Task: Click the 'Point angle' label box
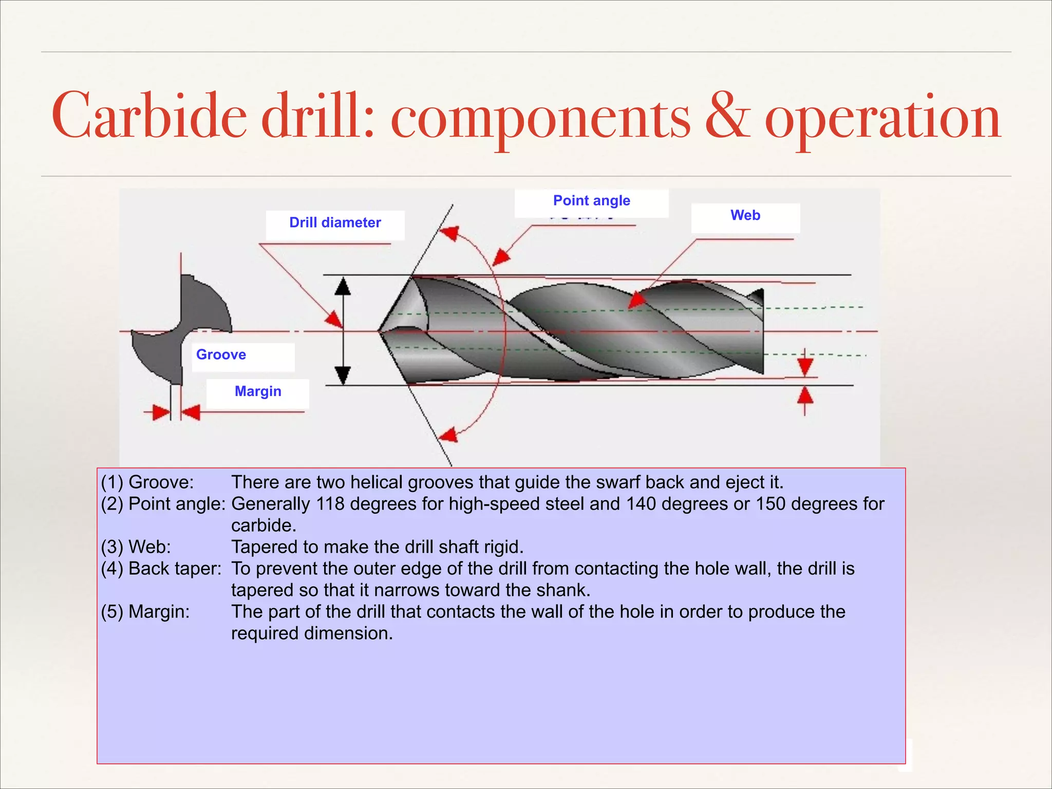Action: (x=591, y=201)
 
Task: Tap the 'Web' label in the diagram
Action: (x=745, y=215)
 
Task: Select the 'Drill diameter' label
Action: (x=335, y=222)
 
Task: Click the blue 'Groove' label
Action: (x=221, y=354)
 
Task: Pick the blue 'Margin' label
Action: (x=258, y=391)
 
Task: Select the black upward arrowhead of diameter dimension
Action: (x=343, y=286)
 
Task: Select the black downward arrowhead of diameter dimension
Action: (x=343, y=374)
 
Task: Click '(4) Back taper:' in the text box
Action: (x=161, y=569)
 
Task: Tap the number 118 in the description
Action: (x=330, y=504)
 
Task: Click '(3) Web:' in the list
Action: (x=136, y=547)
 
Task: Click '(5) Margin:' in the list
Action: (x=145, y=612)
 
